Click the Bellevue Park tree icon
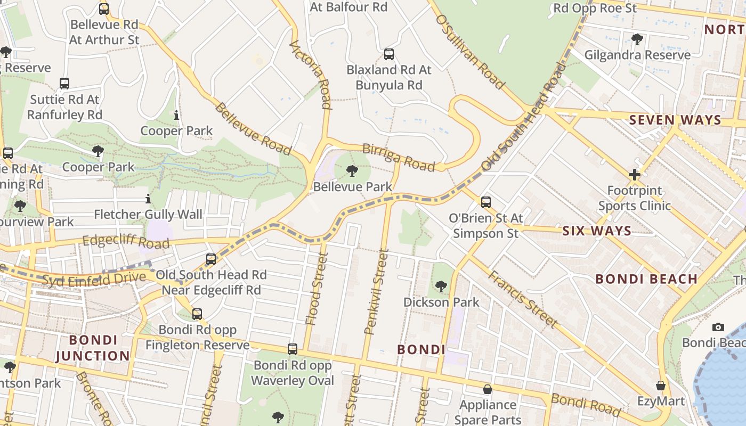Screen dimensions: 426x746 coord(352,171)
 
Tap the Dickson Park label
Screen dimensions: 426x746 coord(441,302)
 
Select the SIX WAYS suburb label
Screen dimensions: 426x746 coord(597,231)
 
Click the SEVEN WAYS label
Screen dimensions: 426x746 coord(675,120)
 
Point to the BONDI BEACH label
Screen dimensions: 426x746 coord(646,279)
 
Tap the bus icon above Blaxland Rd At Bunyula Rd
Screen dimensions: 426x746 coord(389,54)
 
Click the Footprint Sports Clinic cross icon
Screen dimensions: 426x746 coord(634,175)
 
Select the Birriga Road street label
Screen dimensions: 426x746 coord(399,157)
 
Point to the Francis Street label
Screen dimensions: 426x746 coord(523,299)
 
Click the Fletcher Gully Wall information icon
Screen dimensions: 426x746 coord(148,199)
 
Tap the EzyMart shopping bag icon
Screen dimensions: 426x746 coord(661,386)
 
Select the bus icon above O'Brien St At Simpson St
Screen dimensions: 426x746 coord(486,202)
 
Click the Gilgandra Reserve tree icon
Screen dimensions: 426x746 coord(637,39)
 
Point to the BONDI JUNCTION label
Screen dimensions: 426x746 coord(93,348)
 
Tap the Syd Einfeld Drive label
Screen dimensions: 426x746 coord(93,278)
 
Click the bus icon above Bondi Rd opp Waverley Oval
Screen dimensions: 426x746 coord(293,349)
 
